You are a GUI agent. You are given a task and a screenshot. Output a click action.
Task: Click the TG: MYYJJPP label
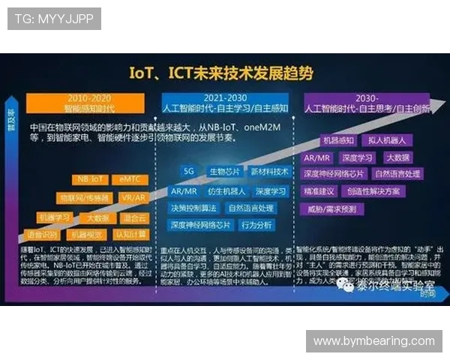click(54, 19)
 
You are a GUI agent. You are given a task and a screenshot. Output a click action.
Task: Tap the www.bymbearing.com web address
click(373, 341)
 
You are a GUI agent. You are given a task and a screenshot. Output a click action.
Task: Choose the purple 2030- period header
click(367, 103)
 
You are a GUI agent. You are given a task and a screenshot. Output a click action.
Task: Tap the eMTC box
click(127, 179)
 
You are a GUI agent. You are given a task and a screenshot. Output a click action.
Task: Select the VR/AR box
click(133, 198)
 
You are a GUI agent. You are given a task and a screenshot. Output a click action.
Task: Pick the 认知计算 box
click(130, 235)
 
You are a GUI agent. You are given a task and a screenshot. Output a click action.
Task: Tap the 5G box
click(188, 171)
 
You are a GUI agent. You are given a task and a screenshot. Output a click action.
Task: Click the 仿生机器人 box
click(225, 191)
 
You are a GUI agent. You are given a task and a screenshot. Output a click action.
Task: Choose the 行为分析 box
click(257, 225)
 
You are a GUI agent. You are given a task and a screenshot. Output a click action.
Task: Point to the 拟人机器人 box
click(387, 140)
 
